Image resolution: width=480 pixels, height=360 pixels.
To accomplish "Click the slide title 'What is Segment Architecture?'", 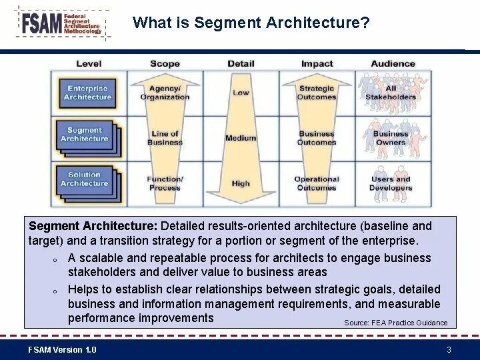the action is click(x=251, y=23).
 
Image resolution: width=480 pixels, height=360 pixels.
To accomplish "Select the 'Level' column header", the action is click(x=89, y=64).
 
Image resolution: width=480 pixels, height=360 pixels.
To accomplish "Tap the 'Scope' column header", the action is click(x=165, y=64).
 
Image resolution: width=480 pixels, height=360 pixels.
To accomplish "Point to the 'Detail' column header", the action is click(x=241, y=64).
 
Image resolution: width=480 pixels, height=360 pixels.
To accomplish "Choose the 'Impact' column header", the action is click(x=317, y=64).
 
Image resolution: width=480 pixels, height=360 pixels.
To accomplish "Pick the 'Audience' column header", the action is click(x=393, y=64).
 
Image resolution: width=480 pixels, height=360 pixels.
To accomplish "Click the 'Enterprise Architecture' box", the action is click(x=87, y=93).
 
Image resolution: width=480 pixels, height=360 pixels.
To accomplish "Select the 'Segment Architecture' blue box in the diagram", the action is click(x=85, y=135).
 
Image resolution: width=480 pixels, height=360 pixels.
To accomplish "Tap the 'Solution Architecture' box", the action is click(x=85, y=179).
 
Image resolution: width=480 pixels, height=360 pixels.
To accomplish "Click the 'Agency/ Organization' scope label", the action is click(x=165, y=93).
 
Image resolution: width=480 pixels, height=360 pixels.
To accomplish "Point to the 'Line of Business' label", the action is click(x=165, y=138).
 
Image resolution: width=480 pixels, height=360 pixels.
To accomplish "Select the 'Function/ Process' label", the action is click(x=165, y=183).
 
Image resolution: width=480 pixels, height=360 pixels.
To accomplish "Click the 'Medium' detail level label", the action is click(x=241, y=138).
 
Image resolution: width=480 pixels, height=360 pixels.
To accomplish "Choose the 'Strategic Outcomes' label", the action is click(x=317, y=93).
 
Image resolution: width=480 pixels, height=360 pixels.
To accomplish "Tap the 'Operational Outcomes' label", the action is click(x=317, y=183).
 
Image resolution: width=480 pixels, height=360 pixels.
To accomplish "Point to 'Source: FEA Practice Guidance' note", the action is click(x=395, y=323).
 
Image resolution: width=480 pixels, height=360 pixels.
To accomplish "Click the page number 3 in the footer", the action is click(x=449, y=350).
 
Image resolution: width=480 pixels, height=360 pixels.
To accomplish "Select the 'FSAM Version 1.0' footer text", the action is click(x=62, y=350).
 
